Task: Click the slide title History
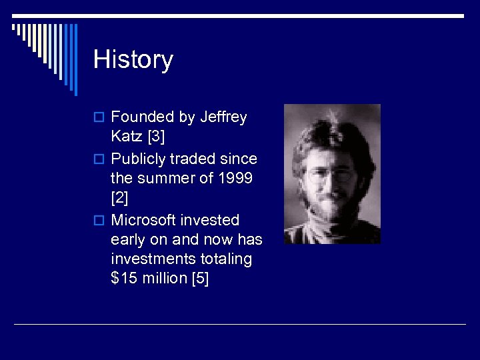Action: tap(133, 59)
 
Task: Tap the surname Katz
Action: tap(127, 138)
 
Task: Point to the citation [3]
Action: tap(157, 138)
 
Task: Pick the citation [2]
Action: tap(120, 199)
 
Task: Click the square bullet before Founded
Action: tap(99, 118)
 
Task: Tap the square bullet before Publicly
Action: tap(99, 159)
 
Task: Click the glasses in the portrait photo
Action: tap(331, 175)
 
